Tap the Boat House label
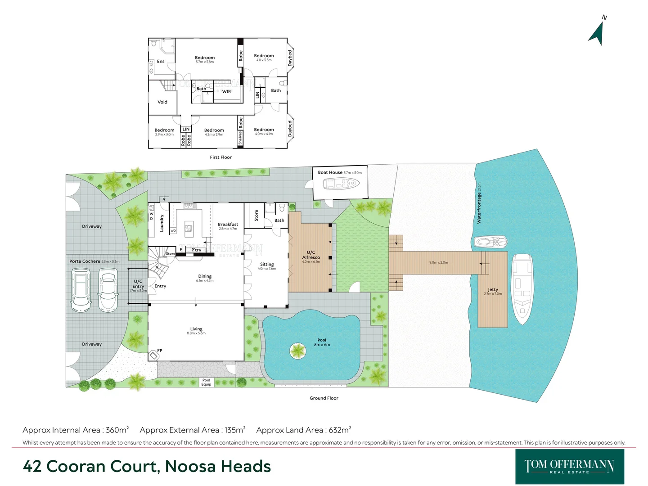point(330,172)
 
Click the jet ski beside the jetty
point(491,242)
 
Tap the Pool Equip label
point(206,382)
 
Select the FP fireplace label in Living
point(160,351)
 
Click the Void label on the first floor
point(162,102)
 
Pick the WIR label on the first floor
point(226,91)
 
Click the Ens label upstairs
point(161,62)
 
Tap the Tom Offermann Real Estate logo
point(569,466)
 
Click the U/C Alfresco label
point(311,255)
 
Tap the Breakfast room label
point(228,224)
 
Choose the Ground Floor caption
point(324,398)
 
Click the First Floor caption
point(220,157)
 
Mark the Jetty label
point(493,290)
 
